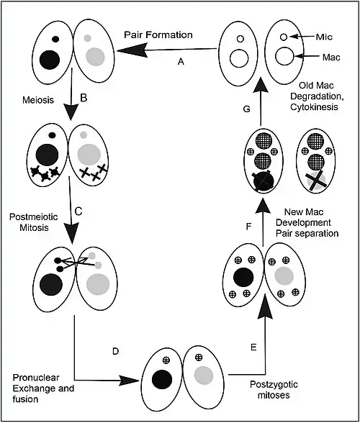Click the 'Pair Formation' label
point(158,35)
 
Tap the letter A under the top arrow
point(181,62)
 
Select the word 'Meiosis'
point(38,100)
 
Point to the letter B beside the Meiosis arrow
point(84,98)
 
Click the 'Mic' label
point(324,37)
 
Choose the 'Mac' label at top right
point(331,58)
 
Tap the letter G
point(246,109)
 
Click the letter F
point(248,227)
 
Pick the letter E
point(253,347)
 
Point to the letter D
point(115,351)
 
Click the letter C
point(78,211)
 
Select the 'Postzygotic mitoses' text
point(274,390)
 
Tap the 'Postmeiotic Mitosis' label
point(34,222)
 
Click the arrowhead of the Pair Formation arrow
point(132,50)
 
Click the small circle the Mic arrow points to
point(283,37)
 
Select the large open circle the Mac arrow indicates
point(284,56)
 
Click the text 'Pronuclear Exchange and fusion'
point(43,388)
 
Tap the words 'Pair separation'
point(307,233)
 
